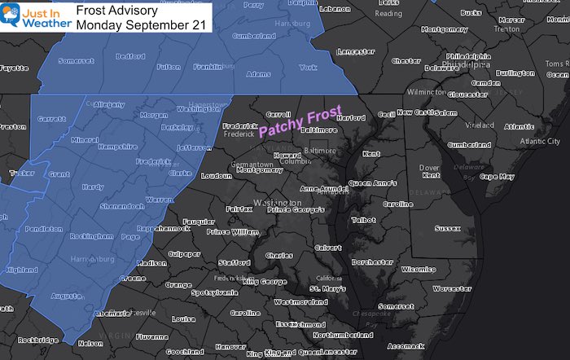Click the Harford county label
coord(331,117)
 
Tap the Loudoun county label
coord(216,175)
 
